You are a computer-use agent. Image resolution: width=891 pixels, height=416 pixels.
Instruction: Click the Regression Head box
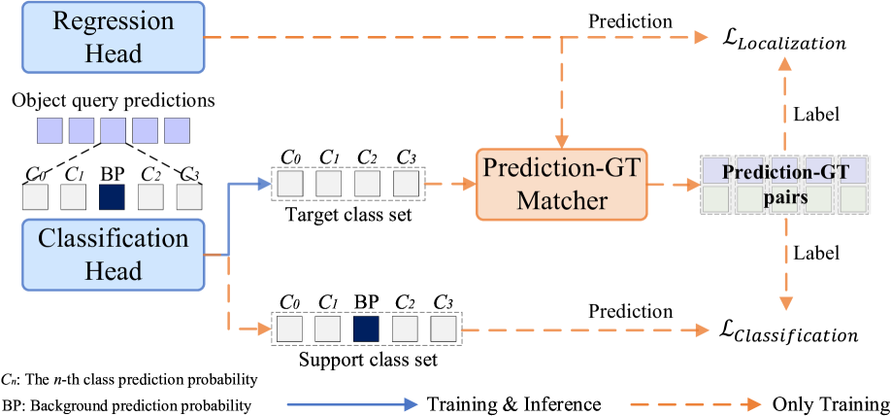coord(114,37)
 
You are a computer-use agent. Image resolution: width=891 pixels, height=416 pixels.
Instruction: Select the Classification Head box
coord(114,254)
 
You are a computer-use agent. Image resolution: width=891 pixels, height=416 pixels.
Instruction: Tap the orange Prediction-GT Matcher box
coord(561,184)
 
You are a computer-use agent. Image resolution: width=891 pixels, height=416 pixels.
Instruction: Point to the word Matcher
coord(561,201)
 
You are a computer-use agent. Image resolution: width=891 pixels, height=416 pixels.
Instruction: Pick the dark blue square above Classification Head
coord(112,197)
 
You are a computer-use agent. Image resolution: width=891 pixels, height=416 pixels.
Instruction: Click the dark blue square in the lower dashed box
coord(366,329)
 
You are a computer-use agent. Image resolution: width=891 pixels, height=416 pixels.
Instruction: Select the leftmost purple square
coord(49,130)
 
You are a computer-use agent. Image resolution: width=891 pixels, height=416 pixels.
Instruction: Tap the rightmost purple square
coord(177,130)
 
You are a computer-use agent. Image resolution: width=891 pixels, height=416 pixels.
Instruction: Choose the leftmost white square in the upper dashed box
coord(290,183)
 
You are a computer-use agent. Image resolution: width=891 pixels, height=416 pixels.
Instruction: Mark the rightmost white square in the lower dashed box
coord(443,329)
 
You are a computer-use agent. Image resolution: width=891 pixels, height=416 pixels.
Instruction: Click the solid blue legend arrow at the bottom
coord(351,404)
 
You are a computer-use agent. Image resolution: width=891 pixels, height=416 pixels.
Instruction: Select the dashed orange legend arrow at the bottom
coord(695,404)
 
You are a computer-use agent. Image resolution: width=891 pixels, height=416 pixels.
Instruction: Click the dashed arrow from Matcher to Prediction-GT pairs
coord(674,184)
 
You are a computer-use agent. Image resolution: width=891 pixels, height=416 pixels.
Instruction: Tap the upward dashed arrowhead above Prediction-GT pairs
coord(785,64)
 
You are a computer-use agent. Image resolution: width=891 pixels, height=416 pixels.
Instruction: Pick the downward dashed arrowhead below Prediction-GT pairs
coord(785,302)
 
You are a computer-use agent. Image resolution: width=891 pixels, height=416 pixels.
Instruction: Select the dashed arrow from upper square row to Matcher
coord(450,184)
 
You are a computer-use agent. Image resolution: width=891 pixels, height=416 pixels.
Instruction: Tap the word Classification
coord(114,238)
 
